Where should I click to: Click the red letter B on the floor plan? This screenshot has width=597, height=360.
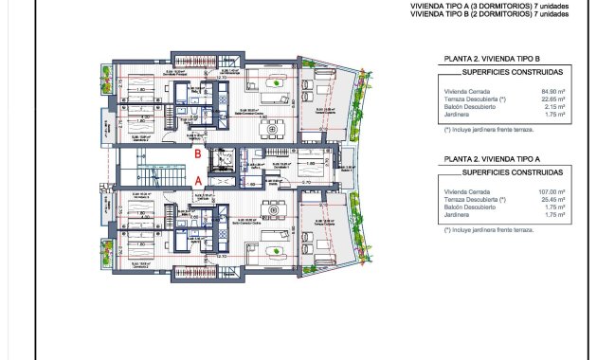coord(197,152)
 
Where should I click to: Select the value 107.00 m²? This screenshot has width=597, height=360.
coord(552,190)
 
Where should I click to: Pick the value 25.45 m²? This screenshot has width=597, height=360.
coord(553,199)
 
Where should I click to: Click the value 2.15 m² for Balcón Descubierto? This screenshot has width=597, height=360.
coord(555,108)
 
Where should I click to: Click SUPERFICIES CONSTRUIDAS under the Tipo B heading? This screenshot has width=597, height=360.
coord(504,71)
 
